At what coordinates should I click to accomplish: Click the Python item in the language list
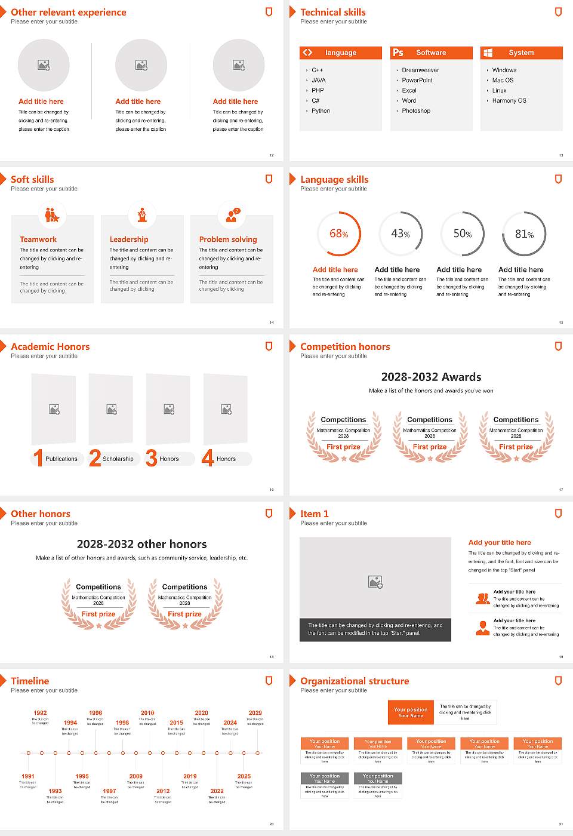321,111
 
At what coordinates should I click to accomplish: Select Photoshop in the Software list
416,111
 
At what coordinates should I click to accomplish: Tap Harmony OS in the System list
509,101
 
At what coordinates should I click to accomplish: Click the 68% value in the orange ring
338,234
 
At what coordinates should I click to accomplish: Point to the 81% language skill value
524,234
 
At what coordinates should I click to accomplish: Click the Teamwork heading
38,239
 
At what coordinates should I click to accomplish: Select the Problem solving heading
228,239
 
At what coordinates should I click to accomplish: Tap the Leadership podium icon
142,215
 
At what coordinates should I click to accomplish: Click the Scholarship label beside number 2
118,459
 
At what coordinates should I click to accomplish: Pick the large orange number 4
208,458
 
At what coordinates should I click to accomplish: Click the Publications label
61,459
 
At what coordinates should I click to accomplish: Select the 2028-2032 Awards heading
431,377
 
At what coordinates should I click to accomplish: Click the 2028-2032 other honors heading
141,545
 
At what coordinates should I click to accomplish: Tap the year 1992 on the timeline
40,713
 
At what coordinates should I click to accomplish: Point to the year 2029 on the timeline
255,713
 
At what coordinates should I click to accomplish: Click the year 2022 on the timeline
217,791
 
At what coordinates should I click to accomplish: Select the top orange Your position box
411,712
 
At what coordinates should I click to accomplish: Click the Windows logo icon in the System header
488,53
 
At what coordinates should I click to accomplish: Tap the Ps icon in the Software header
398,53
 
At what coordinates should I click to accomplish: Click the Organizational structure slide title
355,681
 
